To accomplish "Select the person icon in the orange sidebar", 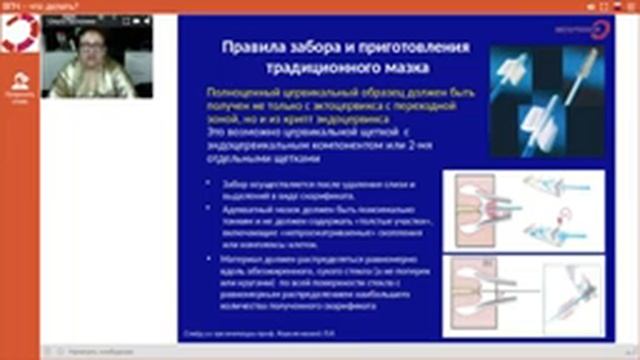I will pos(19,81).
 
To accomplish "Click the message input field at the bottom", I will pos(200,352).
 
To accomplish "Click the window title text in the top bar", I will pos(26,5).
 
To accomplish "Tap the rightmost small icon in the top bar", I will pos(631,5).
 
